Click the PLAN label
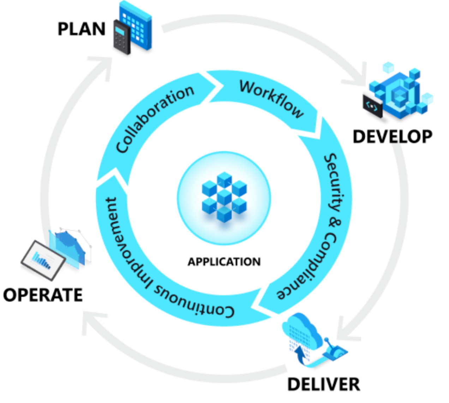[82, 29]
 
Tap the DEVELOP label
[393, 137]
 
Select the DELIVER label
[324, 385]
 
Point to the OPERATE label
[43, 295]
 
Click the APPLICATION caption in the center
[224, 262]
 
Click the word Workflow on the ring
[271, 98]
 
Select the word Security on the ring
[335, 182]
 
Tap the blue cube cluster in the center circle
[224, 197]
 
